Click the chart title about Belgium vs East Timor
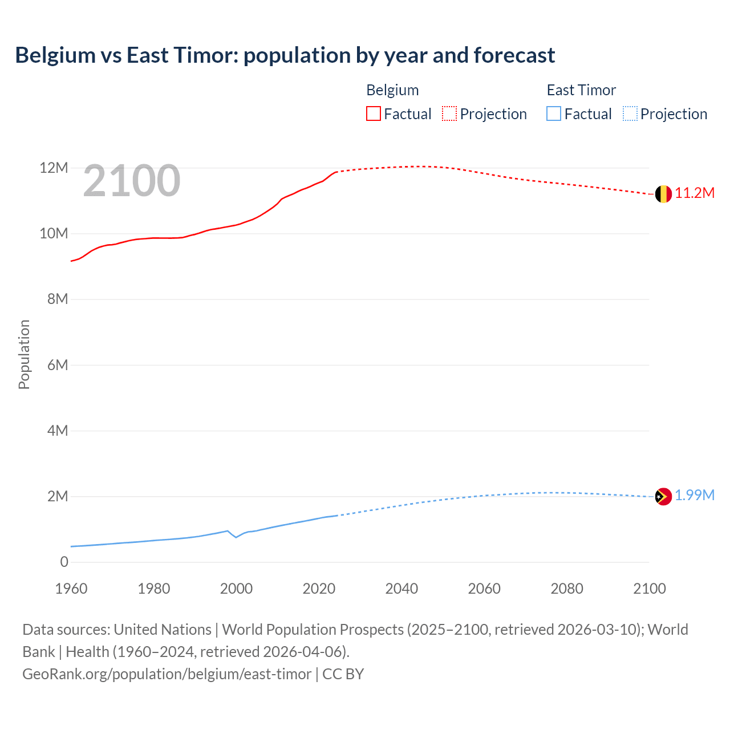point(285,55)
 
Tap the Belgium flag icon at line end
point(663,194)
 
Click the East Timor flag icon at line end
point(663,497)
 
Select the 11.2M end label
point(695,193)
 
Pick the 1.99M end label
point(695,496)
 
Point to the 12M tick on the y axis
point(54,168)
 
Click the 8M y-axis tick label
point(57,299)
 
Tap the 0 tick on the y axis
point(64,562)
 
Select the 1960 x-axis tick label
point(71,589)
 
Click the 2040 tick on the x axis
point(401,589)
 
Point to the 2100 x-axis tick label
point(649,589)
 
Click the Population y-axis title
point(24,354)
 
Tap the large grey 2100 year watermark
point(132,181)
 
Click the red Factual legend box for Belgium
point(373,114)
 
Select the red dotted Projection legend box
point(449,114)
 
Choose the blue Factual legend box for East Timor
point(554,114)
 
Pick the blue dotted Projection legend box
point(630,114)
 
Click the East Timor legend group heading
point(581,90)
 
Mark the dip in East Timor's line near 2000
point(236,537)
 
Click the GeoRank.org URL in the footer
point(167,674)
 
